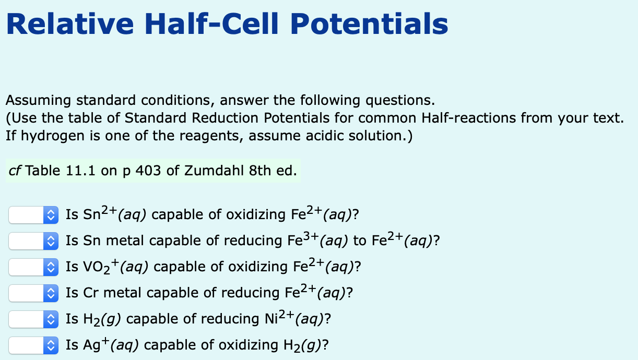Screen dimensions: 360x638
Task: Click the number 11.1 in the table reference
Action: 80,171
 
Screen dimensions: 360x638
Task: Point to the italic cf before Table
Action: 15,171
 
